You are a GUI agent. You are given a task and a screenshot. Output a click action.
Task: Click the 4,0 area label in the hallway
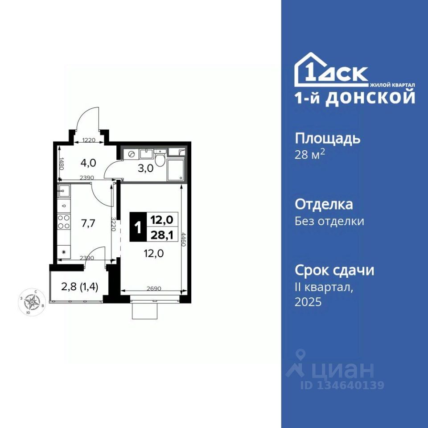[88, 163]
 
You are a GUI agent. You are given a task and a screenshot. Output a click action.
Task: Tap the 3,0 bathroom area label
[145, 169]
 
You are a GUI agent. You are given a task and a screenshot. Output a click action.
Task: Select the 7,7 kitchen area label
[88, 223]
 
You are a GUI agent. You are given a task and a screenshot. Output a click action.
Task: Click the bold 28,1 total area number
[162, 235]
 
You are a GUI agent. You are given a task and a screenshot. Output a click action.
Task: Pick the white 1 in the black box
[138, 227]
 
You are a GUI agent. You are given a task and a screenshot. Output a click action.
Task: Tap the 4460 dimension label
[183, 239]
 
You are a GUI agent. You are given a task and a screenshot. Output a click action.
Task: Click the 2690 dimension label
[154, 288]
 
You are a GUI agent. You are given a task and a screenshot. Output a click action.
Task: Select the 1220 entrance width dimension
[88, 140]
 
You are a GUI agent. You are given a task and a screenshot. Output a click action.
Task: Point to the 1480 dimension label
[62, 164]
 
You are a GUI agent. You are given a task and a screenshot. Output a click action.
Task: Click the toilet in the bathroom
[160, 158]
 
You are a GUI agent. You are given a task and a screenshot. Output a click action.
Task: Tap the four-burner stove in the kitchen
[64, 222]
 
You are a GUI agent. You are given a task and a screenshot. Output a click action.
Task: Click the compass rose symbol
[32, 302]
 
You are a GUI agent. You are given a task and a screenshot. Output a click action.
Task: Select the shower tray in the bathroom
[176, 170]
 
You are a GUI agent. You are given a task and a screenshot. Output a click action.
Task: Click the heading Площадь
[328, 139]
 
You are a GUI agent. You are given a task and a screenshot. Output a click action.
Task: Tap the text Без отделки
[329, 221]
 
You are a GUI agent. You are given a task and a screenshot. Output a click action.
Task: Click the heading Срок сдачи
[334, 270]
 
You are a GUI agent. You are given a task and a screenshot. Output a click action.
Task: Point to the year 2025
[308, 302]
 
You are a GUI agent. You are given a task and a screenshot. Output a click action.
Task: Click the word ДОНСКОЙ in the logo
[370, 98]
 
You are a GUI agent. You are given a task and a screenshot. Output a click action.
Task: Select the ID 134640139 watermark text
[342, 385]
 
